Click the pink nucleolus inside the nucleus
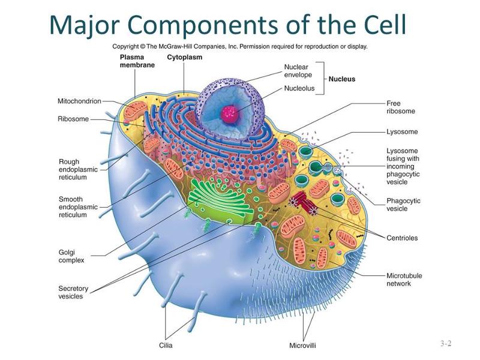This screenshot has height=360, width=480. (229, 113)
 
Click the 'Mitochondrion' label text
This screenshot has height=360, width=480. (79, 101)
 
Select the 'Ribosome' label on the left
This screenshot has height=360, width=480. (73, 119)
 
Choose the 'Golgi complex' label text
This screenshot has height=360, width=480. (71, 256)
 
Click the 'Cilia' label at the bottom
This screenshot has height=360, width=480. (166, 345)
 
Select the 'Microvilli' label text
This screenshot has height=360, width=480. (302, 345)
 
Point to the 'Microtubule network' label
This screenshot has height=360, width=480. (404, 280)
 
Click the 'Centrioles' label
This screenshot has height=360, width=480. (402, 238)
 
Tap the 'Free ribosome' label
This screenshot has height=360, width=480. (401, 107)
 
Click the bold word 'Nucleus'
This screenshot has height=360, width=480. (341, 79)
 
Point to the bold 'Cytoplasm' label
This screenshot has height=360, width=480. (184, 57)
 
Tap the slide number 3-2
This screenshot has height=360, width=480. (445, 344)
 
